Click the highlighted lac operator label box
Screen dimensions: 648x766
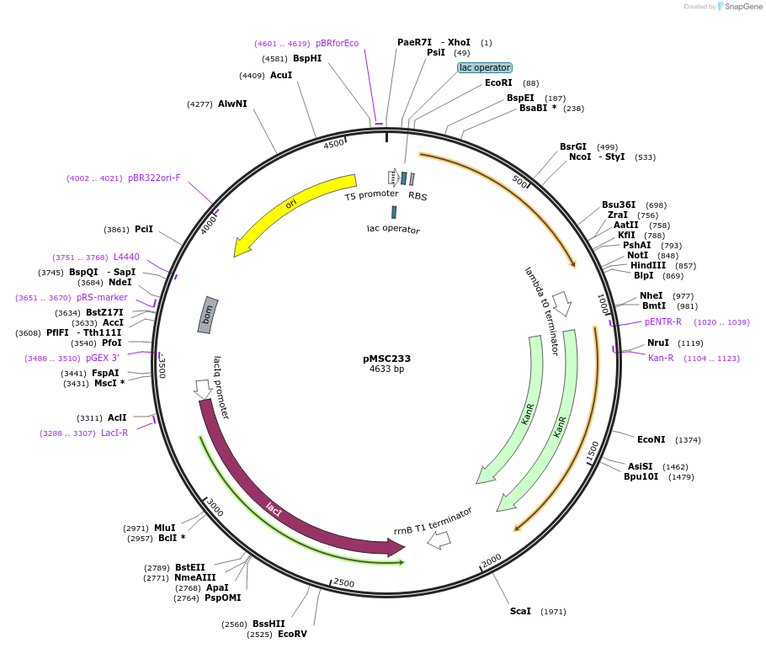coord(484,67)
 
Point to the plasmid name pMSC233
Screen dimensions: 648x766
coord(386,359)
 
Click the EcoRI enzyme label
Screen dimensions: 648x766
coord(498,82)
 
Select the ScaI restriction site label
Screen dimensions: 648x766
coord(520,611)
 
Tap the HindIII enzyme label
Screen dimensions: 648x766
coord(646,266)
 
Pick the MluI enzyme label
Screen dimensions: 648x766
coord(164,528)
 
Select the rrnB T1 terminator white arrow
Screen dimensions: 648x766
coord(439,541)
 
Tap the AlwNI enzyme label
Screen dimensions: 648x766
coord(232,104)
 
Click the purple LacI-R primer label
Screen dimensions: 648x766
coord(114,433)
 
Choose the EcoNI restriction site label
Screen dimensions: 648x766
coord(651,439)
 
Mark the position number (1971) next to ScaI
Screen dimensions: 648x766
coord(553,612)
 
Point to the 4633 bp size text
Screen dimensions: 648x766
coord(386,369)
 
